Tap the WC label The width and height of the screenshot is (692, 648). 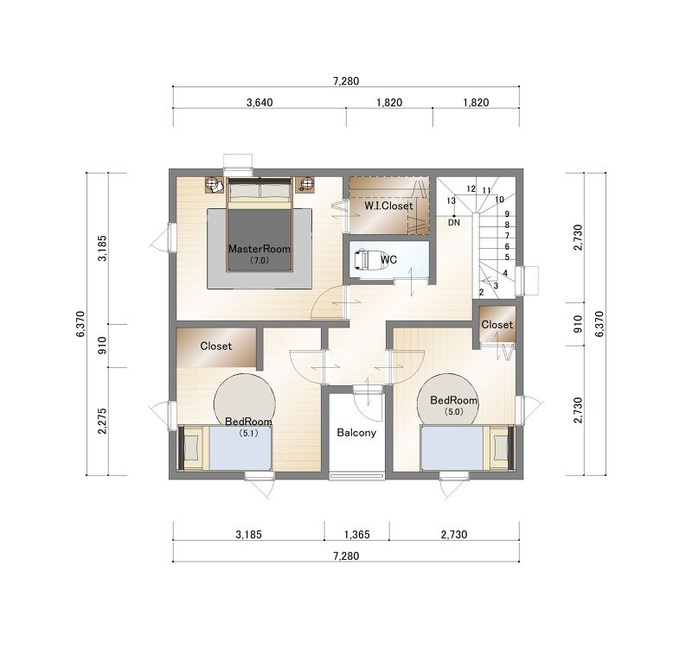[388, 260]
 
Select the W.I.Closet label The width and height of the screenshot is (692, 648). [388, 206]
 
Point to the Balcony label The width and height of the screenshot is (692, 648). [356, 433]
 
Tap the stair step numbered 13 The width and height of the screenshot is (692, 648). [451, 201]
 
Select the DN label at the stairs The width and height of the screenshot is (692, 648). [454, 223]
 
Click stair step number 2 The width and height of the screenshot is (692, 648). [482, 292]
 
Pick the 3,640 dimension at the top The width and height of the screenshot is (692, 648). [259, 103]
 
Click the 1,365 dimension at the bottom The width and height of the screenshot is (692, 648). [357, 535]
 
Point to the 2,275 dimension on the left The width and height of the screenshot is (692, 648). [102, 421]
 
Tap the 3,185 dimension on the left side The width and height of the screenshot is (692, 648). [102, 248]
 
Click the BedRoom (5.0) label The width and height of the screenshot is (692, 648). [453, 405]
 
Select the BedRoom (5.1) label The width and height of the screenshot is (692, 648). [248, 427]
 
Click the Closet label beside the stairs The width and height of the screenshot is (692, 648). [497, 325]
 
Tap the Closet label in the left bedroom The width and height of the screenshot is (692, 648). [215, 346]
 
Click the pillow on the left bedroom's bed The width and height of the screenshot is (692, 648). [191, 448]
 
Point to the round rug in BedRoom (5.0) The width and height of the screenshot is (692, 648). [448, 400]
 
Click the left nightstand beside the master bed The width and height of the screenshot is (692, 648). [214, 184]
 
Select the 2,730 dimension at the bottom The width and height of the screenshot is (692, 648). [453, 535]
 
